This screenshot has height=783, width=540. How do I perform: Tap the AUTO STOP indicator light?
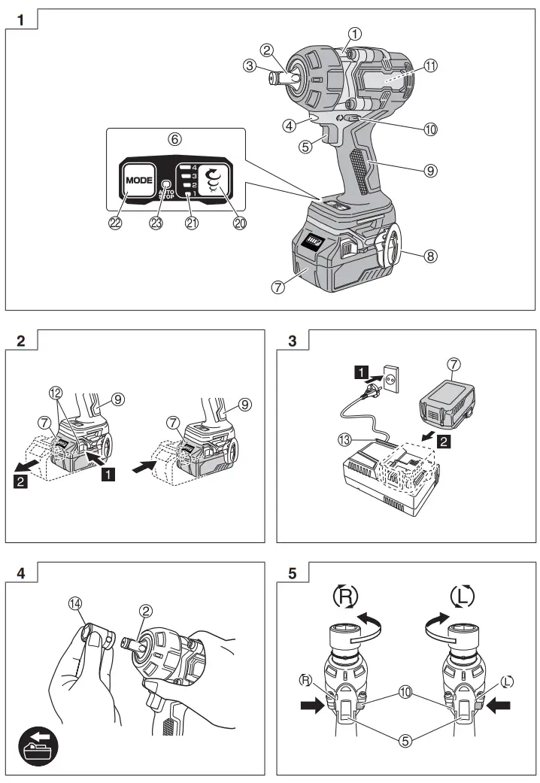[166, 183]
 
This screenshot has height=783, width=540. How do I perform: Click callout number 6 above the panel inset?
[174, 139]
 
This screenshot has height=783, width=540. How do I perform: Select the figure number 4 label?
[22, 572]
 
